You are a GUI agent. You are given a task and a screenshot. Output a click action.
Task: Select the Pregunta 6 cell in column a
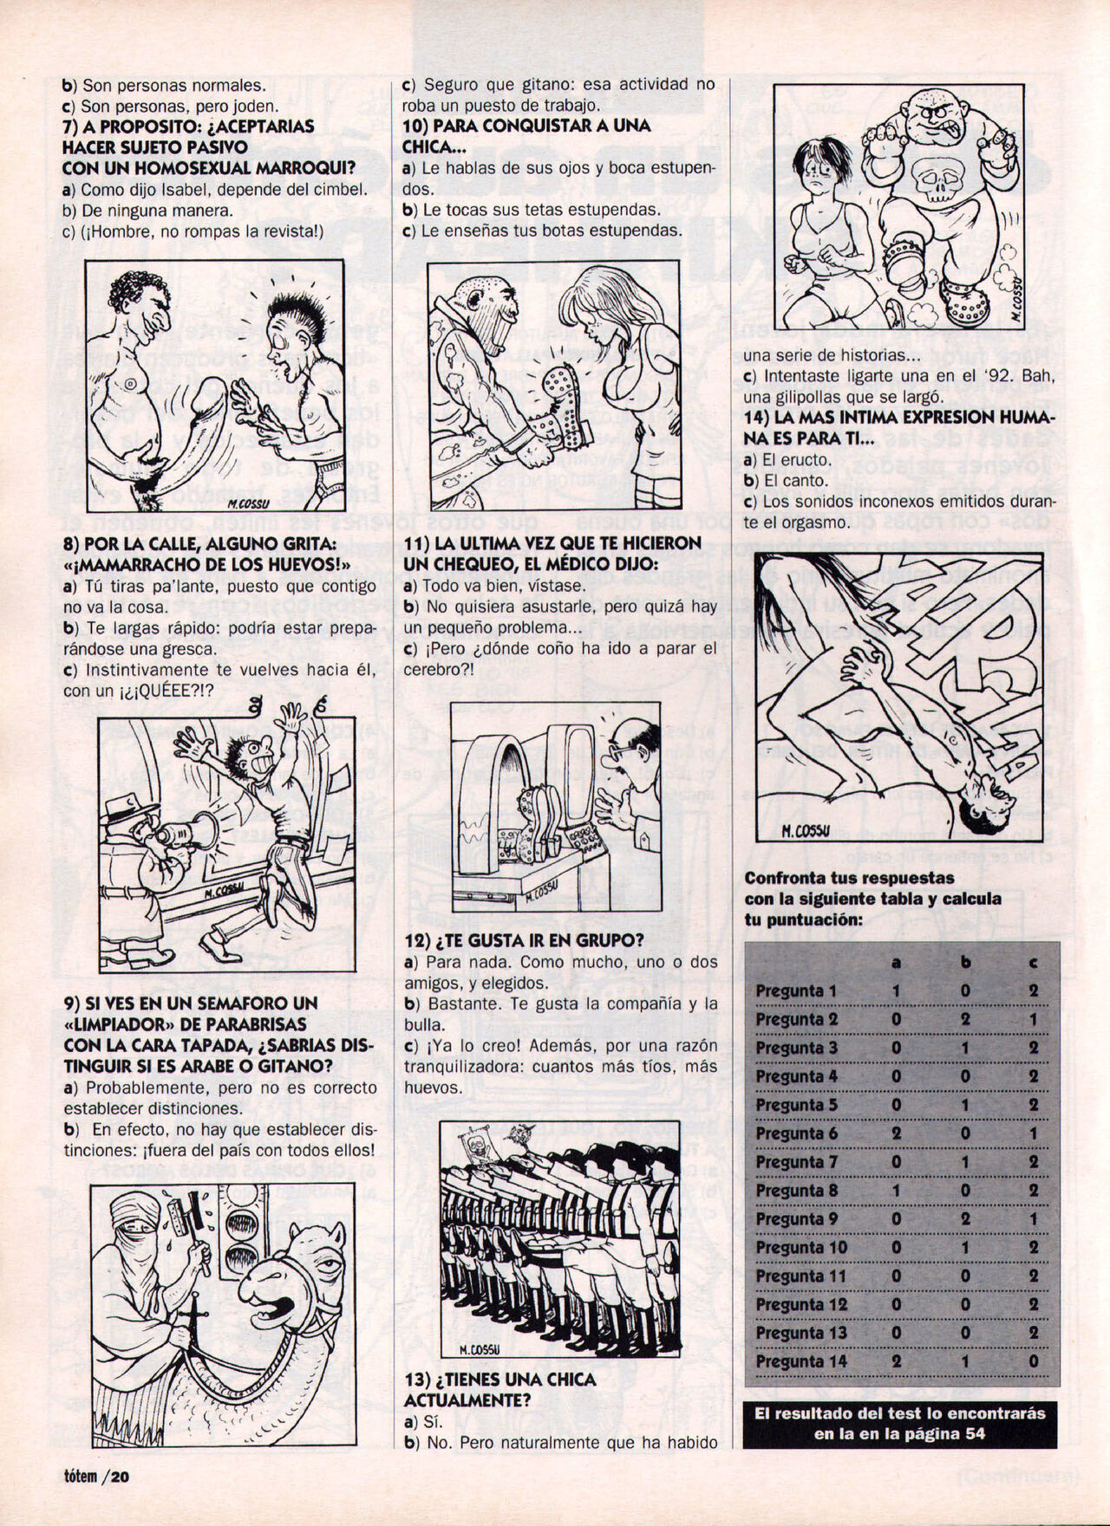coord(896,1133)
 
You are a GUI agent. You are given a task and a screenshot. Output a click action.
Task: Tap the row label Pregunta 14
coord(800,1361)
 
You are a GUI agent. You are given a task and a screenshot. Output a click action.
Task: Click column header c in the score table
coord(1034,963)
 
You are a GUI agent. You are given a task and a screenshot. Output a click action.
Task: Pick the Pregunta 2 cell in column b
coord(965,1020)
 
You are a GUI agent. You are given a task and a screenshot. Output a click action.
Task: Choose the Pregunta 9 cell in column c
coord(1034,1219)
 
